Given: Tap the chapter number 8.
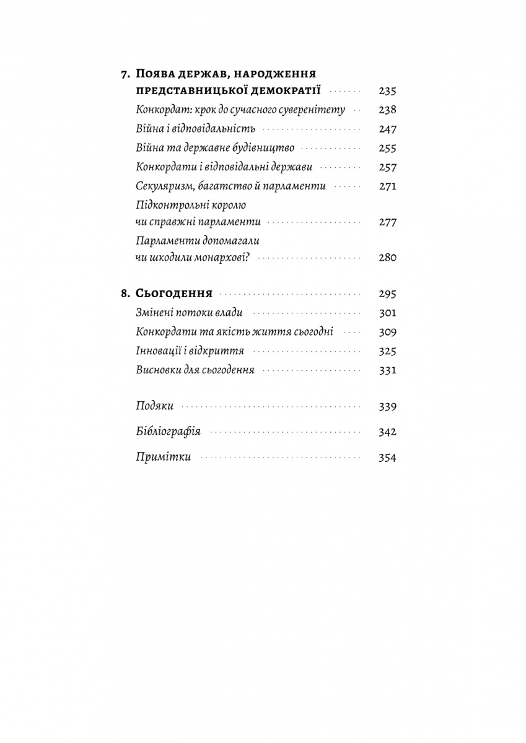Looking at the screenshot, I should click(125, 293).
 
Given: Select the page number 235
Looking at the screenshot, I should click(387, 92).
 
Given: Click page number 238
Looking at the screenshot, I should click(387, 110).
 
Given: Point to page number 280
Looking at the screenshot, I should click(387, 258).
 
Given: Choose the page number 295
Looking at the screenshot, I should click(387, 294).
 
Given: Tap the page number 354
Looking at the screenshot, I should click(387, 458).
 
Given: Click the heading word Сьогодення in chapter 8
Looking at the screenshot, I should click(174, 293).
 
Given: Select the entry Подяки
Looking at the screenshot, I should click(154, 407).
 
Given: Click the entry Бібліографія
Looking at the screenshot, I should click(168, 432).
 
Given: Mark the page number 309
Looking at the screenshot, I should click(387, 332).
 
